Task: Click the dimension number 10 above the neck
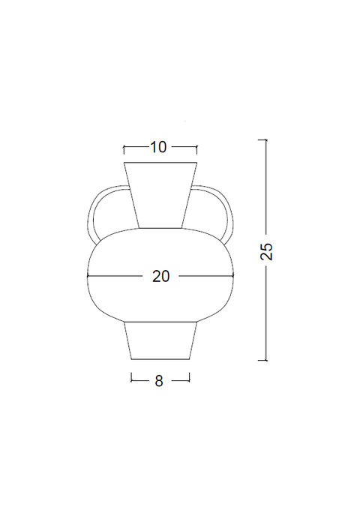pyautogui.click(x=158, y=147)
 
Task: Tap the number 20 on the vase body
pyautogui.click(x=161, y=276)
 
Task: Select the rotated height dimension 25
pyautogui.click(x=266, y=251)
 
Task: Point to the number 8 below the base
pyautogui.click(x=159, y=381)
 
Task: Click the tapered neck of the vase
pyautogui.click(x=160, y=195)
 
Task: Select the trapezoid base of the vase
pyautogui.click(x=160, y=340)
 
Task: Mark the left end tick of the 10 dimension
pyautogui.click(x=124, y=150)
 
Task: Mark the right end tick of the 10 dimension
pyautogui.click(x=197, y=150)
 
